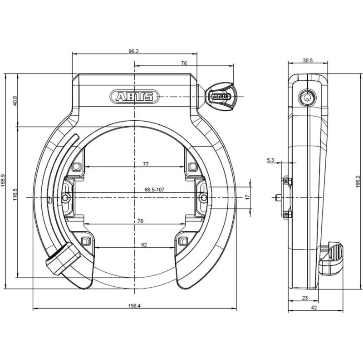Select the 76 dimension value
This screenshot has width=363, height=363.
pyautogui.click(x=184, y=64)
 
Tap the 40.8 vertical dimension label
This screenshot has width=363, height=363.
pyautogui.click(x=15, y=100)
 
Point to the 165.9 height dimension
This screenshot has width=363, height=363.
pyautogui.click(x=3, y=181)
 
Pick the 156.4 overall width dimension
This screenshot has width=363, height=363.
pyautogui.click(x=134, y=306)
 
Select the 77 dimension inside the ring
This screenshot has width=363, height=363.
pyautogui.click(x=146, y=163)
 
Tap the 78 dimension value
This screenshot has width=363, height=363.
pyautogui.click(x=141, y=221)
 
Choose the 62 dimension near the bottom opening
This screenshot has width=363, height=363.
pyautogui.click(x=144, y=245)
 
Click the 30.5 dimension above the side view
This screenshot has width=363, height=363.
pyautogui.click(x=307, y=60)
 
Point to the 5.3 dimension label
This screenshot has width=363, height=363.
pyautogui.click(x=270, y=160)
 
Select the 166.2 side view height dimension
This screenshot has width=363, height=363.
pyautogui.click(x=358, y=181)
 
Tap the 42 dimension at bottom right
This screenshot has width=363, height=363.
pyautogui.click(x=314, y=308)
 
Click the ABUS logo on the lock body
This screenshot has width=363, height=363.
pyautogui.click(x=134, y=97)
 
